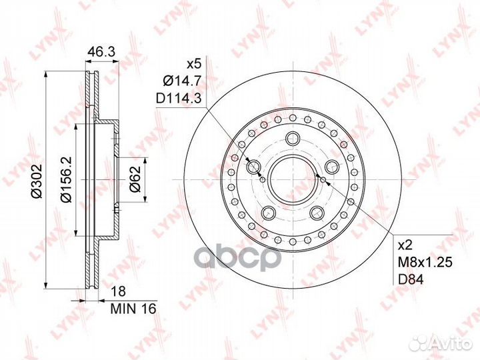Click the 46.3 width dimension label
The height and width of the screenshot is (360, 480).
pyautogui.click(x=101, y=52)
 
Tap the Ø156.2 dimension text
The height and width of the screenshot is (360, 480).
pyautogui.click(x=66, y=179)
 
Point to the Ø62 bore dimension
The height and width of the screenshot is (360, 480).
pyautogui.click(x=135, y=179)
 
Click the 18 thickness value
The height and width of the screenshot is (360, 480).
pyautogui.click(x=118, y=291)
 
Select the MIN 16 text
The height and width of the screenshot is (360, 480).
pyautogui.click(x=133, y=309)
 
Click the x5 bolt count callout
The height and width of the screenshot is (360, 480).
pyautogui.click(x=193, y=64)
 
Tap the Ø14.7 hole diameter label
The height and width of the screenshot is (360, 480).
pyautogui.click(x=182, y=81)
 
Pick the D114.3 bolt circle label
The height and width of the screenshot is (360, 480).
pyautogui.click(x=179, y=99)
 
